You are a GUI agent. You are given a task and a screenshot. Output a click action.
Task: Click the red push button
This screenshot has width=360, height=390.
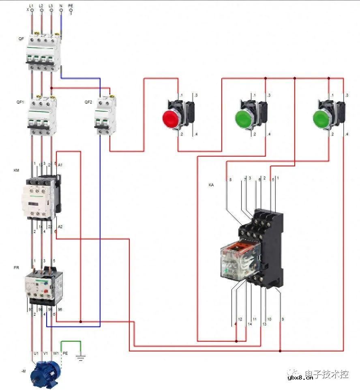(x=171, y=118)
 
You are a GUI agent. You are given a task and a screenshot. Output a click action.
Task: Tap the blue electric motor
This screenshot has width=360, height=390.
(x=45, y=373)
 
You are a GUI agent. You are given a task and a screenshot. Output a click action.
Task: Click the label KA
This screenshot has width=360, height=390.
(x=211, y=185)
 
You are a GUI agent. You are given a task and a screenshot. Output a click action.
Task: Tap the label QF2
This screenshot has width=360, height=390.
(x=88, y=102)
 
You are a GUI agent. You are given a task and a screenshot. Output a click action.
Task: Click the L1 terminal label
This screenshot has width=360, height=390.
(x=32, y=6)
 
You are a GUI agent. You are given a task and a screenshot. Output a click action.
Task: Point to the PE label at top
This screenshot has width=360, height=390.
(x=71, y=6)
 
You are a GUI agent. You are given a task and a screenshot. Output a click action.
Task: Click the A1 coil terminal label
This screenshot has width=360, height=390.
(x=60, y=165)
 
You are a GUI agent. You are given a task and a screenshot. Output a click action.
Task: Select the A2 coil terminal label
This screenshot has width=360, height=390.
(x=60, y=226)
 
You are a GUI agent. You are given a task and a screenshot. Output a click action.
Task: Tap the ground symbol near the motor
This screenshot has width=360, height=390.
(x=81, y=358)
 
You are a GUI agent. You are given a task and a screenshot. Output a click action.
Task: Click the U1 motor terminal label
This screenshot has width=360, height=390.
(x=36, y=353)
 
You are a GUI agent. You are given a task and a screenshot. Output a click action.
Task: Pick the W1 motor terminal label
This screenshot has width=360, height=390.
(x=56, y=353)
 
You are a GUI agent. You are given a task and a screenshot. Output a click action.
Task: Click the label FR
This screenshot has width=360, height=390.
(x=16, y=268)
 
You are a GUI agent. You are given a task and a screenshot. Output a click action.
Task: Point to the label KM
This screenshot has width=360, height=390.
(x=16, y=171)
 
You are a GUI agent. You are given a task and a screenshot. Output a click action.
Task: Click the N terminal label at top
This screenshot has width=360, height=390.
(x=61, y=6)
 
